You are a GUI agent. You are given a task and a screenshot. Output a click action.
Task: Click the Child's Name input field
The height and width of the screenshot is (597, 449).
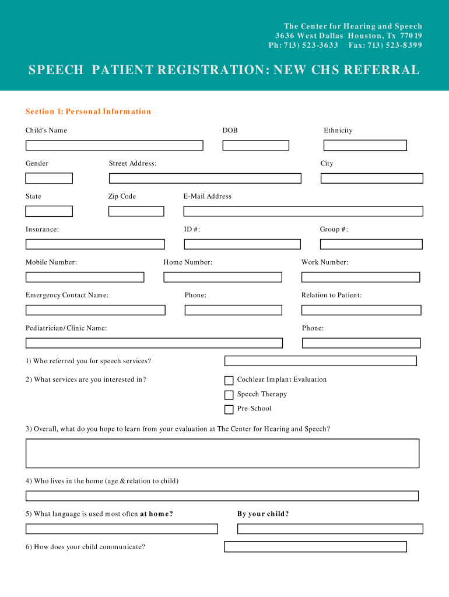point(114,145)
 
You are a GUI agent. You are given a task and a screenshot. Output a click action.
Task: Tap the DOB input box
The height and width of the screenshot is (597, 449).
point(255,145)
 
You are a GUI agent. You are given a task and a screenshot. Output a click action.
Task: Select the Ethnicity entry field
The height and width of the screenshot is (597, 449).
point(365,145)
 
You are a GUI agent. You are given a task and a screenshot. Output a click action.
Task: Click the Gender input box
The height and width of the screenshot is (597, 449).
point(49,178)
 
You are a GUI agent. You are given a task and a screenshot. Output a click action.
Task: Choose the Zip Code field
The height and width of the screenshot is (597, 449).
point(136,211)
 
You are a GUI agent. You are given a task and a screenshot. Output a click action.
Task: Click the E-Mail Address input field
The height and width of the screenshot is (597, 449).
point(303,211)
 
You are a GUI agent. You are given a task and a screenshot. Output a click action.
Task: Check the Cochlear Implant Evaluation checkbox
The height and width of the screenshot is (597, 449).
point(229,381)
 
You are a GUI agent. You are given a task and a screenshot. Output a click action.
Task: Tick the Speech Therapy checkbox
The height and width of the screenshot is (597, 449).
point(229,395)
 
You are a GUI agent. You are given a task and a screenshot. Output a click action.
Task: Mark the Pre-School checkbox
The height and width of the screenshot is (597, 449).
point(229,409)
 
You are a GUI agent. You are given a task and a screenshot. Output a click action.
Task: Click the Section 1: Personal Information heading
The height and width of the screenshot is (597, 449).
point(88,111)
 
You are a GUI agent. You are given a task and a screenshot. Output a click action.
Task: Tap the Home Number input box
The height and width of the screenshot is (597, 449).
point(223,278)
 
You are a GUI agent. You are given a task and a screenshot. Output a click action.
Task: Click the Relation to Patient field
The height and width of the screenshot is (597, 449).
point(361,310)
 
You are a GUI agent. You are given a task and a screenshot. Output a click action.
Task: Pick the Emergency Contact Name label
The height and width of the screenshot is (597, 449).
point(67,296)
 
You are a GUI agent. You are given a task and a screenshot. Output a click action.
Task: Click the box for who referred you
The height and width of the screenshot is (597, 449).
point(321,361)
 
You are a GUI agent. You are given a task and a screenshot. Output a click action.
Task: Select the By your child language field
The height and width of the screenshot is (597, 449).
point(330,529)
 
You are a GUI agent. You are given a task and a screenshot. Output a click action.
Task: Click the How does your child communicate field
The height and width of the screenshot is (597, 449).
point(315,547)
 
